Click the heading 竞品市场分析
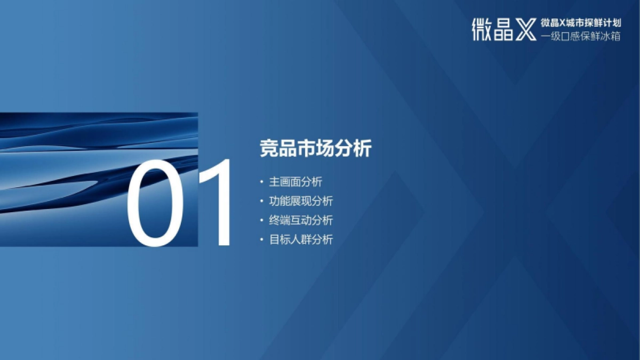pyautogui.click(x=315, y=149)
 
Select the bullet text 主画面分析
pyautogui.click(x=295, y=182)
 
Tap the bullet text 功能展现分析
pyautogui.click(x=301, y=201)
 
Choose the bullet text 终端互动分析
pyautogui.click(x=301, y=220)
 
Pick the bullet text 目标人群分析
pyautogui.click(x=301, y=239)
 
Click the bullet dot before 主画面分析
pyautogui.click(x=261, y=182)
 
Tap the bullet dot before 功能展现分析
pyautogui.click(x=261, y=201)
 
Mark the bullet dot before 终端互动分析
pyautogui.click(x=261, y=220)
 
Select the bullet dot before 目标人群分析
pyautogui.click(x=261, y=239)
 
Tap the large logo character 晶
pyautogui.click(x=503, y=30)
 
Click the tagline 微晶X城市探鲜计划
pyautogui.click(x=580, y=23)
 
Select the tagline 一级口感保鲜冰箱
pyautogui.click(x=580, y=37)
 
